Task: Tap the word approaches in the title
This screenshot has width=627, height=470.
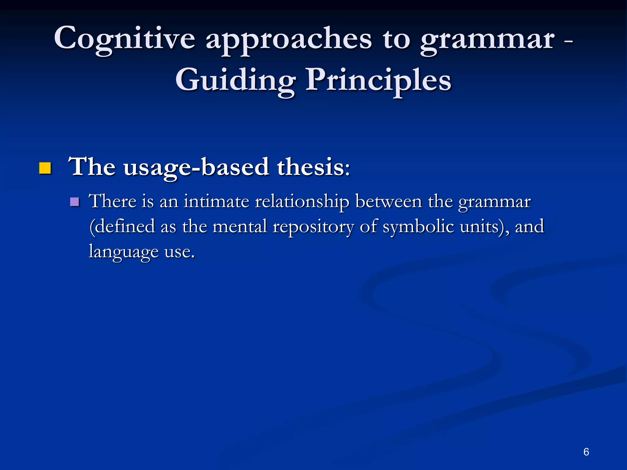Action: click(289, 40)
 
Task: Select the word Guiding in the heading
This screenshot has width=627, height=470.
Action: click(235, 80)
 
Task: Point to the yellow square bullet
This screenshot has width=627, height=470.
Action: click(45, 168)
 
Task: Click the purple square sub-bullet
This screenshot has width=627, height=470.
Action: click(74, 202)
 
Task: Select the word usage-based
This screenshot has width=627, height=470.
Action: click(196, 167)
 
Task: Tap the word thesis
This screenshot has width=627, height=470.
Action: click(313, 167)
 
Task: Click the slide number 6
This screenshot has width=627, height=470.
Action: click(586, 452)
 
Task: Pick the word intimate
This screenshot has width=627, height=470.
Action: click(216, 202)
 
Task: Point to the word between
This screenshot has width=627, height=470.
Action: click(389, 202)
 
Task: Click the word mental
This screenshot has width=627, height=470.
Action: click(240, 227)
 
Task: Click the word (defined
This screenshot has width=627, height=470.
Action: click(122, 227)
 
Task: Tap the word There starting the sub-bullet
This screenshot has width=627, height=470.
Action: click(112, 202)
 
